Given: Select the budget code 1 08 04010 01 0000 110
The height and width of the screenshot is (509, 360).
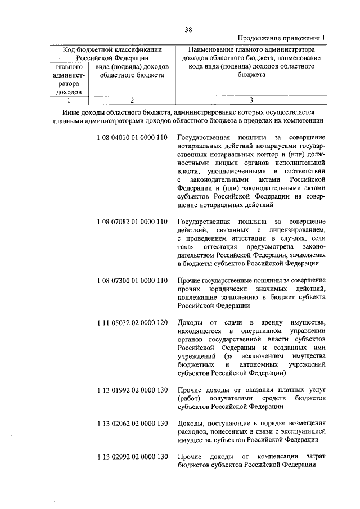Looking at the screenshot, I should [132, 138].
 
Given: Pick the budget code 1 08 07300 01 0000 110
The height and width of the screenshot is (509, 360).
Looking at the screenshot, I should [132, 280].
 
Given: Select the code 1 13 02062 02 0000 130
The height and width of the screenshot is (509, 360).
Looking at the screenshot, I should [132, 423].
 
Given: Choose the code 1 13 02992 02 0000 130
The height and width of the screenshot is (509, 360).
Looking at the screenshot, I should [132, 456].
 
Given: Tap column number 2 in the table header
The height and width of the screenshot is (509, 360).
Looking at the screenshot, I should [130, 101].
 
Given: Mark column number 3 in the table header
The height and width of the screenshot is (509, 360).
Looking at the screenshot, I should [251, 101].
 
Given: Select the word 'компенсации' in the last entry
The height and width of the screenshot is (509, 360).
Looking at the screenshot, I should [278, 456].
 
